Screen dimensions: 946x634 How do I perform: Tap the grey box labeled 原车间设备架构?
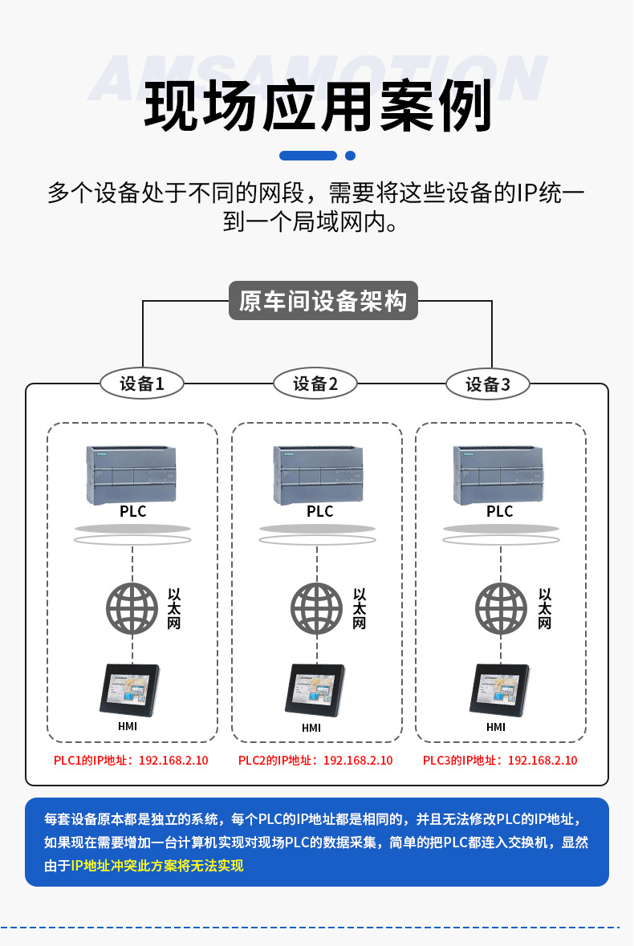coord(323,301)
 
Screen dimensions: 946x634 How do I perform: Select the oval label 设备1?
coord(142,384)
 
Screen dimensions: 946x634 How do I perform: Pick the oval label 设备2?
coord(315,384)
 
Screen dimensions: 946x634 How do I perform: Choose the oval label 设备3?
coord(488,384)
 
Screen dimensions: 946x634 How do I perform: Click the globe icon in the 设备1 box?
coord(132,607)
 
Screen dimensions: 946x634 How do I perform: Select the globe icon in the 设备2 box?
coord(316,607)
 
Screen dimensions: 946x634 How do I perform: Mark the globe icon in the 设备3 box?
coord(501,607)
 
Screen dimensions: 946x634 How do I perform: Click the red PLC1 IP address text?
coord(131,761)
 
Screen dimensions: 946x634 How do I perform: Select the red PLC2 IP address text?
coord(315,761)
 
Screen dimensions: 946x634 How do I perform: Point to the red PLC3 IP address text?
coord(500,761)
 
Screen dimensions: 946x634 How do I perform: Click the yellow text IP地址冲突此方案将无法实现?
coord(156,865)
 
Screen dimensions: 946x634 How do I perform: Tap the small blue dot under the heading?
coord(350,156)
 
